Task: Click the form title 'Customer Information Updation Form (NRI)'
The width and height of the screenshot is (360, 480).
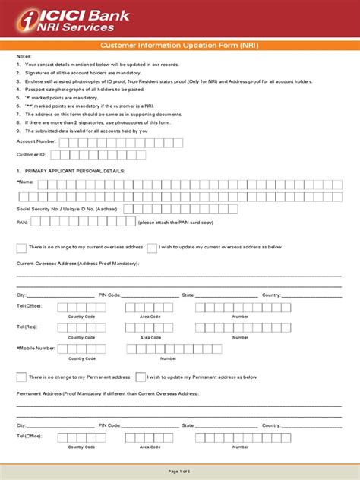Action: tap(179, 45)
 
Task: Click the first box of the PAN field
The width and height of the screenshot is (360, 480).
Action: tap(35, 222)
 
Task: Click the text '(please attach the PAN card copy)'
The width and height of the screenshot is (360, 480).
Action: tap(176, 223)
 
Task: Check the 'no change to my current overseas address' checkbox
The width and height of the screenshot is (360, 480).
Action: tap(21, 248)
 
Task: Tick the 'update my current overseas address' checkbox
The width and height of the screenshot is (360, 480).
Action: tap(153, 248)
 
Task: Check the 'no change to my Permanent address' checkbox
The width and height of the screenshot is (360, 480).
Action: tap(21, 377)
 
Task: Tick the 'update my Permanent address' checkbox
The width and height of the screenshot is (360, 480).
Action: tap(141, 377)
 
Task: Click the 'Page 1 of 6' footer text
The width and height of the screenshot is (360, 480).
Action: tap(180, 472)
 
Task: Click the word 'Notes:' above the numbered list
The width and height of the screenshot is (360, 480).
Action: tap(24, 57)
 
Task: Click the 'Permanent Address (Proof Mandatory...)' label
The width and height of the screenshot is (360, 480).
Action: tap(107, 394)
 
